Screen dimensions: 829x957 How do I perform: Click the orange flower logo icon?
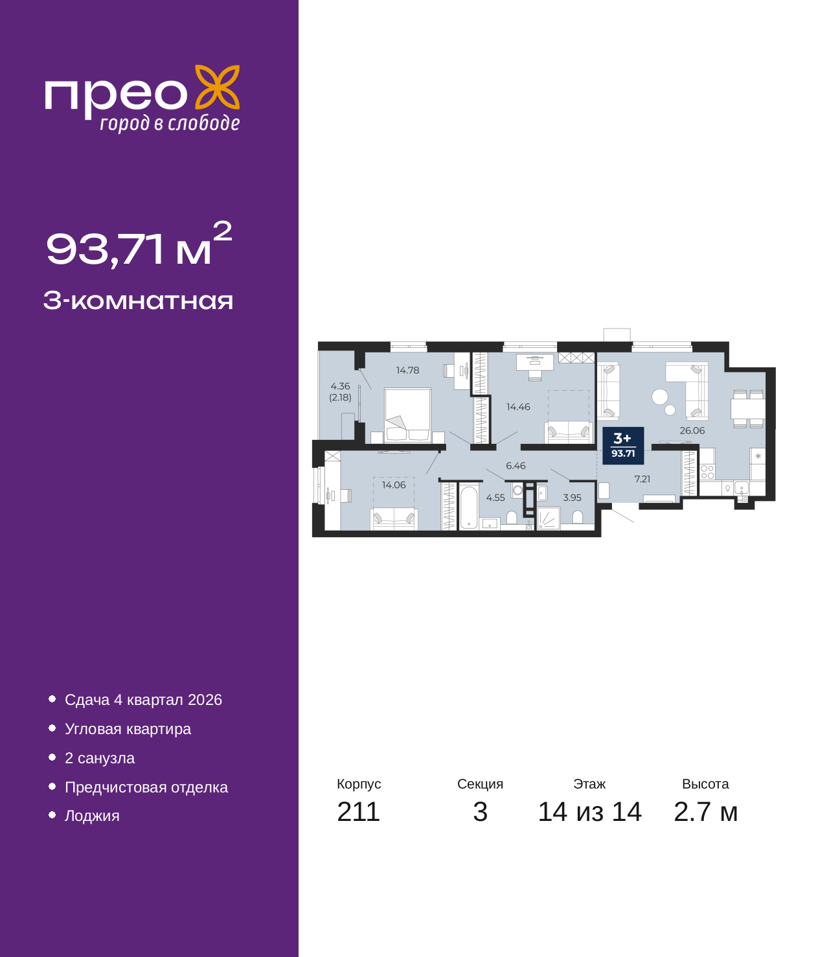(x=217, y=87)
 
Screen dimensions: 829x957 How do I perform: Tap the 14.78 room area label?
(x=407, y=370)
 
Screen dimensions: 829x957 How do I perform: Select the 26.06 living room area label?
(x=692, y=430)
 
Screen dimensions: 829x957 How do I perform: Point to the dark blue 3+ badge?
(x=622, y=445)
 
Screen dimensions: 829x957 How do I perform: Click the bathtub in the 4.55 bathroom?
(x=468, y=507)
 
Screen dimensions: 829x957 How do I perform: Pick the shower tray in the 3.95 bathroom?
(x=548, y=518)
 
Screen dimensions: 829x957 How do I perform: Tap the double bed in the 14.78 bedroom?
(x=407, y=415)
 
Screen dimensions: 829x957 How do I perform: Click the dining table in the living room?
(x=747, y=408)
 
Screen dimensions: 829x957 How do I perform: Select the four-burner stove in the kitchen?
(x=707, y=472)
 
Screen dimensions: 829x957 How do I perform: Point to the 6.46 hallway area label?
(x=516, y=465)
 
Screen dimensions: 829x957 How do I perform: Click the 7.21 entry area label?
(x=642, y=479)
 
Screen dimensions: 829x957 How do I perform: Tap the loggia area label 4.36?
(x=340, y=386)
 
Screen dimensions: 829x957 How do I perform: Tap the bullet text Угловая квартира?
(x=128, y=729)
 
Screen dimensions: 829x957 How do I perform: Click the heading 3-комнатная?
(x=138, y=301)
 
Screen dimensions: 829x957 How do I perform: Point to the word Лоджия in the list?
(x=92, y=815)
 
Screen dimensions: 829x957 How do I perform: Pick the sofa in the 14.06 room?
(x=394, y=518)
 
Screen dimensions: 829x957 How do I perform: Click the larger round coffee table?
(x=659, y=397)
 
